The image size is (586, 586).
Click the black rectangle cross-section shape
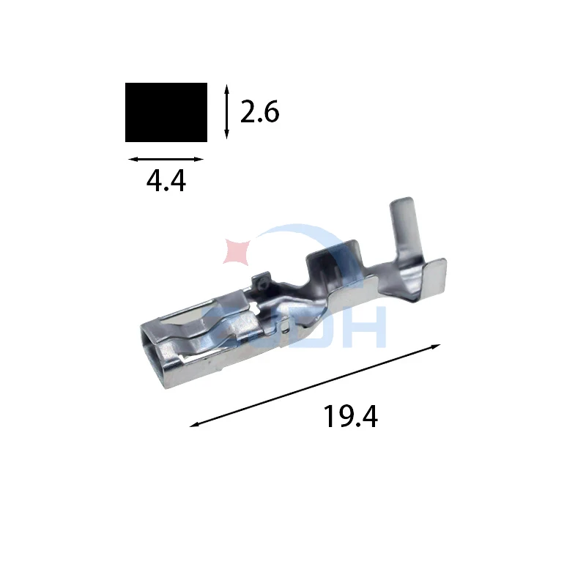point(166,112)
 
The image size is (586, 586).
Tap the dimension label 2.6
point(259,112)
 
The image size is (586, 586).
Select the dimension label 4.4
point(166,181)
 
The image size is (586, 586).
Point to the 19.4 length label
point(350,416)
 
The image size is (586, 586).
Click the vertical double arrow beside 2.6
point(226,112)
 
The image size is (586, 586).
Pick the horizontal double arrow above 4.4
point(166,159)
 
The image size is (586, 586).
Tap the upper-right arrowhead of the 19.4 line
point(437,346)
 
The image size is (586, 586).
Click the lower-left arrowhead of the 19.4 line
point(194,424)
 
